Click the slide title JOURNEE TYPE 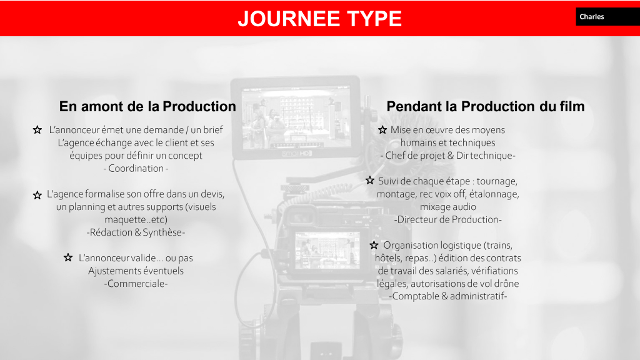click(x=319, y=19)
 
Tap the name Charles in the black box click(x=591, y=17)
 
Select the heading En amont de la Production click(x=147, y=106)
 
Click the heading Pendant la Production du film click(x=485, y=106)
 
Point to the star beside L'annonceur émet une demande click(x=37, y=130)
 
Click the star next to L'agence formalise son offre click(x=37, y=195)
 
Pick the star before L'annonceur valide click(x=68, y=257)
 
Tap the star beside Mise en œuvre click(x=382, y=130)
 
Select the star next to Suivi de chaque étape click(x=370, y=180)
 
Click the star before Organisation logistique click(x=374, y=245)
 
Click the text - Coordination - click(x=136, y=168)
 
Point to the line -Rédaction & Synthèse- click(x=136, y=232)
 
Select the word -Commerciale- click(x=136, y=284)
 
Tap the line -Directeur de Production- click(x=447, y=219)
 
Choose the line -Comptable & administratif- click(x=447, y=296)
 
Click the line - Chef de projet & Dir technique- click(x=447, y=156)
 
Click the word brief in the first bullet click(x=213, y=130)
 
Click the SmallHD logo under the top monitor click(x=297, y=154)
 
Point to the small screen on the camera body click(x=327, y=250)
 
